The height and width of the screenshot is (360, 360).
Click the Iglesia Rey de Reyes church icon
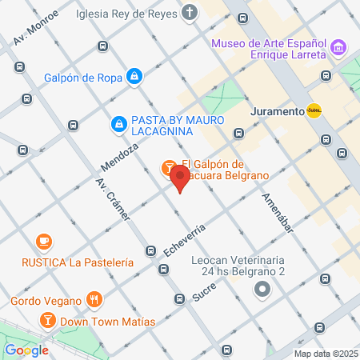click(x=189, y=13)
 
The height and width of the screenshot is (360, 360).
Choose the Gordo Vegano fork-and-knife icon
click(x=94, y=301)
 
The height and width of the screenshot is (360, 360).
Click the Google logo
click(x=26, y=350)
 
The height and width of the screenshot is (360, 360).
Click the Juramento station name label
click(x=275, y=111)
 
